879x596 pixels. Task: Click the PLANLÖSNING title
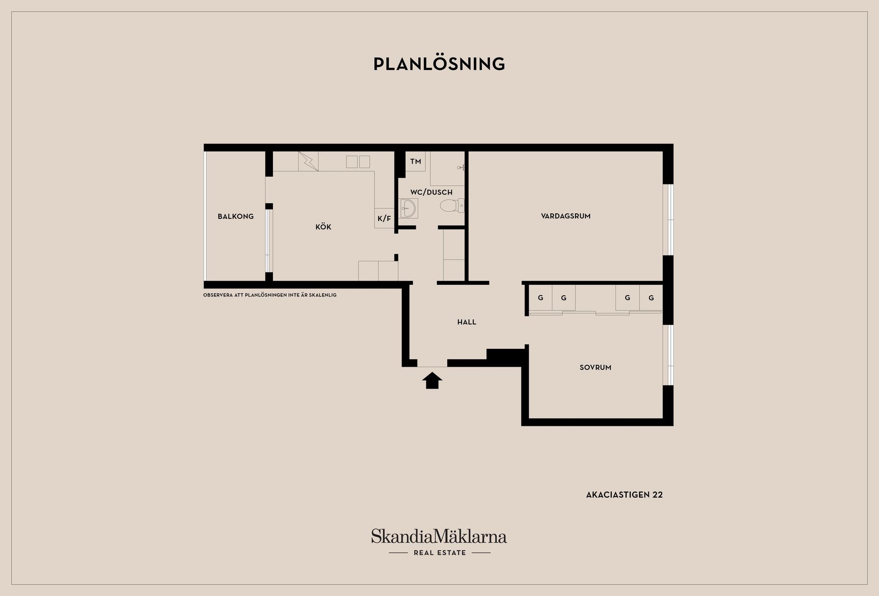pos(439,64)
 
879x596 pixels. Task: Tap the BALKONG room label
pos(235,217)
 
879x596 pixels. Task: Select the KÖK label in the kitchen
pos(323,227)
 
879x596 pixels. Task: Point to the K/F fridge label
pos(384,219)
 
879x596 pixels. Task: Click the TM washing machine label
pos(416,162)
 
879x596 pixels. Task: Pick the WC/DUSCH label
pos(431,192)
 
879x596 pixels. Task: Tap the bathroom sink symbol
pos(408,208)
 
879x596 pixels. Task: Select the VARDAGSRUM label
pos(566,216)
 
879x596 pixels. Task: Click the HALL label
pos(467,322)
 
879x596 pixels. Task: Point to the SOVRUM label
pos(595,368)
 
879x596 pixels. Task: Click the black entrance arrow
pos(432,380)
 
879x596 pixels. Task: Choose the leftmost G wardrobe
pos(540,298)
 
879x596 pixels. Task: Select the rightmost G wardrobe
pos(651,298)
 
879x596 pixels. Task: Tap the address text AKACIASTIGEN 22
pos(624,495)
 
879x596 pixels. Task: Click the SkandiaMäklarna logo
pos(439,536)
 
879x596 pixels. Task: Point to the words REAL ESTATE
pos(439,553)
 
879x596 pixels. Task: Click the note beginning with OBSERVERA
pos(270,295)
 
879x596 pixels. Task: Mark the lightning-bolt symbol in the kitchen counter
pos(309,161)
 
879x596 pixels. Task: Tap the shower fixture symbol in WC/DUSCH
pos(461,168)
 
